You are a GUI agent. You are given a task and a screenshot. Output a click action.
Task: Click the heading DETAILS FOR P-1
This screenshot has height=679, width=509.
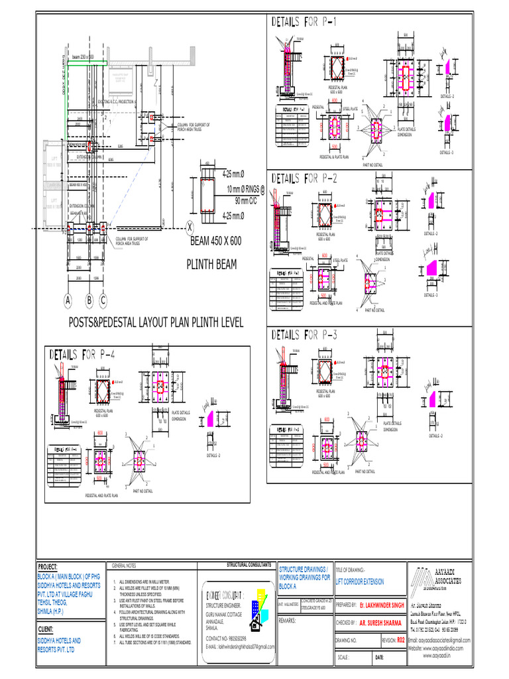click(304, 23)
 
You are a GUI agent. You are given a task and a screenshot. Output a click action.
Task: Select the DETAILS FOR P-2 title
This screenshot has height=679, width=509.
click(304, 178)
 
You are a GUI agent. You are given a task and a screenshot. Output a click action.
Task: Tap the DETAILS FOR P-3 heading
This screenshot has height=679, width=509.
click(304, 336)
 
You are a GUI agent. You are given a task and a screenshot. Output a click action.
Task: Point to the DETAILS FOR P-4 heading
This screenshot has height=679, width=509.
click(83, 355)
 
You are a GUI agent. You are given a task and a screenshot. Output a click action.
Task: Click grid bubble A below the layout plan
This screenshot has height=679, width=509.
click(67, 300)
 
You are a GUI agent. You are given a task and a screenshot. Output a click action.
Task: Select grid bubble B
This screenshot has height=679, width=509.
click(89, 300)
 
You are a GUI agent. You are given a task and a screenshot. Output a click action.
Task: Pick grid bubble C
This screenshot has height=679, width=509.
click(103, 300)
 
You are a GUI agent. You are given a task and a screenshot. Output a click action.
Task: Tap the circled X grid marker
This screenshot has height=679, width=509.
click(190, 227)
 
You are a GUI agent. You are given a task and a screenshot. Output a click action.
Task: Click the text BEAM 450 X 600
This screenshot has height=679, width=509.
click(215, 242)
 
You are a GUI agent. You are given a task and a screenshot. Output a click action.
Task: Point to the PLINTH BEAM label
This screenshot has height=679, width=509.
click(211, 267)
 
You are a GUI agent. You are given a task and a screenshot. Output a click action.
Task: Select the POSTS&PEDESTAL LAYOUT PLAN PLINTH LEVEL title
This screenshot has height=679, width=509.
click(147, 323)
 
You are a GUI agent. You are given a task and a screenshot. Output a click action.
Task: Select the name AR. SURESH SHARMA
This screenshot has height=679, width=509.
click(380, 623)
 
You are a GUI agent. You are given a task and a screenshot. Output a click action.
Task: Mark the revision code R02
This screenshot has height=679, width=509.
click(400, 641)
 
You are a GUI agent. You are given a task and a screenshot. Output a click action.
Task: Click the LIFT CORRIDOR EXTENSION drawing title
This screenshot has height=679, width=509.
click(360, 582)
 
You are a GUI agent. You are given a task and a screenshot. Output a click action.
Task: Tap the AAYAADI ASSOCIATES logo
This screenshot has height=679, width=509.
click(439, 578)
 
